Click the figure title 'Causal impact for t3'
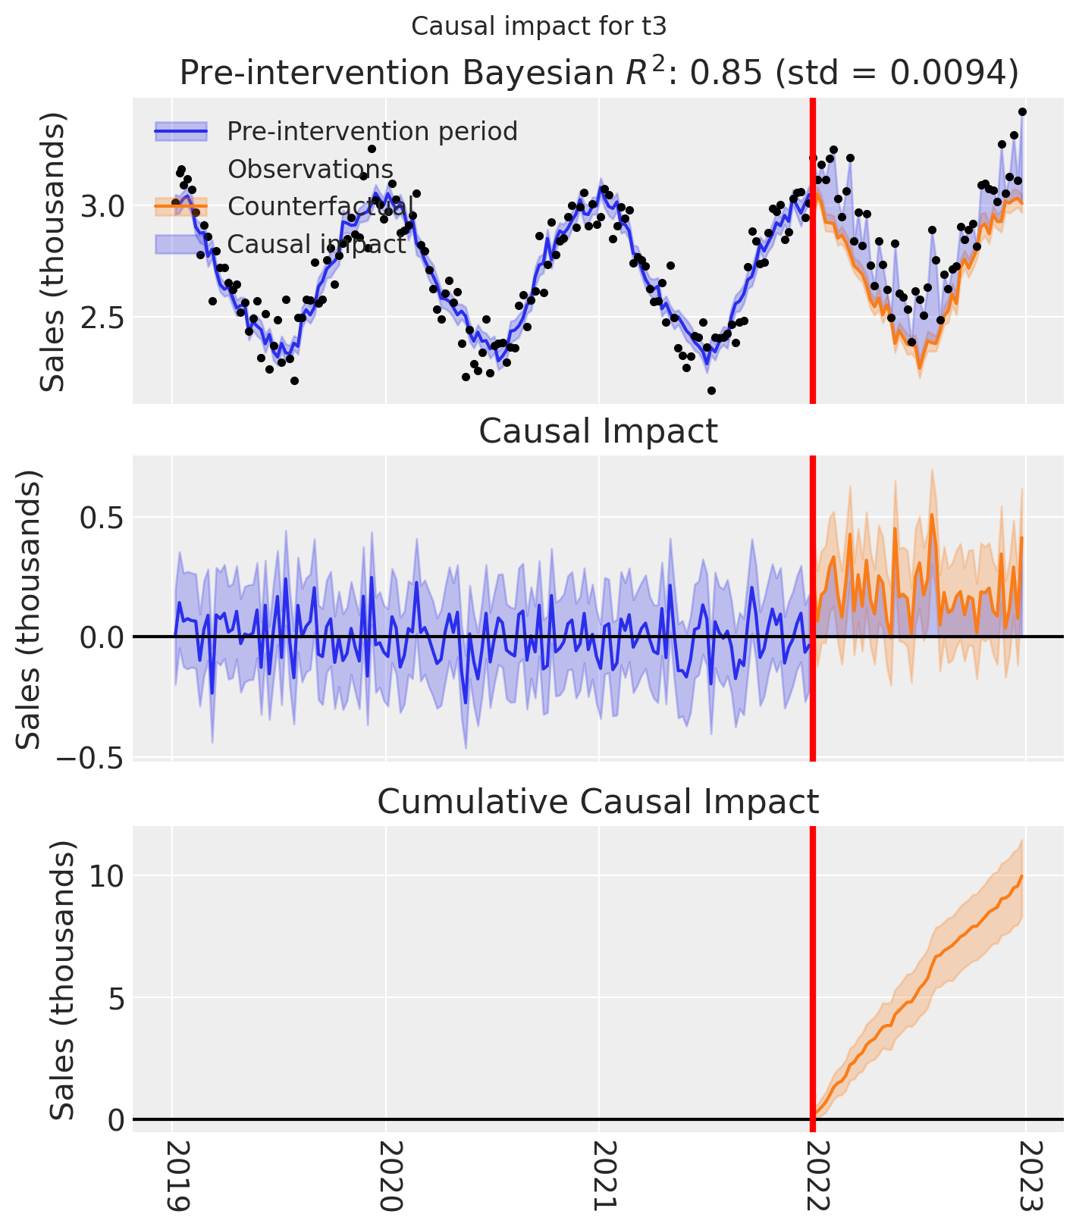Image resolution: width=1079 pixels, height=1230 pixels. pos(538,27)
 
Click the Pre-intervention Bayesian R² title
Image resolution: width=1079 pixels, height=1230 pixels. pos(598,74)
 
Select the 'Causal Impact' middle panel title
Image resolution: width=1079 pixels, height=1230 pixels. pos(598,432)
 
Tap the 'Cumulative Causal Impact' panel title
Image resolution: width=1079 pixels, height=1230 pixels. pos(598,802)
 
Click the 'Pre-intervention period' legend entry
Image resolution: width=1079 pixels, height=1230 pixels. pos(372,132)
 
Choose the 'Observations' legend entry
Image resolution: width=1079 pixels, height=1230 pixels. pos(310,169)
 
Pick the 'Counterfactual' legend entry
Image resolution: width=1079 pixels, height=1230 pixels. pos(320,206)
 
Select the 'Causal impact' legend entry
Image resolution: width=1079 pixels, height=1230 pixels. pos(316,244)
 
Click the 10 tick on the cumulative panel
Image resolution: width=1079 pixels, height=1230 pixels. pos(106,876)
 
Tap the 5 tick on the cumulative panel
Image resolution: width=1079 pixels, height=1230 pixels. pos(113,998)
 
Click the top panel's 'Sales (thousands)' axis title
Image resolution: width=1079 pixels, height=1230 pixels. pos(53,252)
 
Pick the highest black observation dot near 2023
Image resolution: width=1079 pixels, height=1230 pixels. pos(1022,112)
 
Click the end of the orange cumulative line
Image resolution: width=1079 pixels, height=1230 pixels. pos(1022,877)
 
